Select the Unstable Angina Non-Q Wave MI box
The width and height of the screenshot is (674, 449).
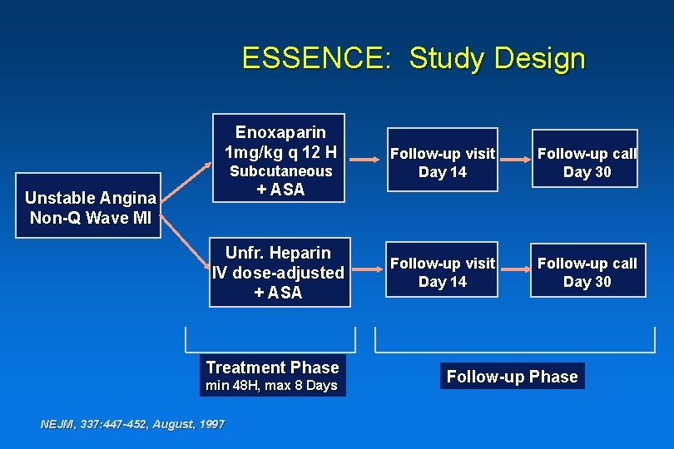tap(91, 208)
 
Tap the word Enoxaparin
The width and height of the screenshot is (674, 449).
tap(280, 132)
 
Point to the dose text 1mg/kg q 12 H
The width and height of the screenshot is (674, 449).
tap(280, 151)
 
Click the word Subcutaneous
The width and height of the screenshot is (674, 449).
tap(280, 170)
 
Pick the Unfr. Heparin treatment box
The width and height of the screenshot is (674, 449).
tap(279, 272)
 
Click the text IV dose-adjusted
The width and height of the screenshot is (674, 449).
tap(279, 273)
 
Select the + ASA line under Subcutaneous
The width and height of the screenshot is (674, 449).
tap(280, 190)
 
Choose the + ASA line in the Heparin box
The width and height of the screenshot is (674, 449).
tap(279, 293)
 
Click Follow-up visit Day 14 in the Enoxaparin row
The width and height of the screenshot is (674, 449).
tap(443, 163)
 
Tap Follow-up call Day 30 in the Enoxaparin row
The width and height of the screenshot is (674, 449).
tap(587, 163)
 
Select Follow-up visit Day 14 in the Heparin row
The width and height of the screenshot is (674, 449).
tap(443, 272)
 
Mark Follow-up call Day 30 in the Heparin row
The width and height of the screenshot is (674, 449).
tap(587, 272)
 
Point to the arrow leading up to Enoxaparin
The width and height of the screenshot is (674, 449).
tap(185, 179)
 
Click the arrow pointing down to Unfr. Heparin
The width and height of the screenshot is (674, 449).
tap(185, 246)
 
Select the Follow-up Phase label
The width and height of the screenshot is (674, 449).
tap(512, 377)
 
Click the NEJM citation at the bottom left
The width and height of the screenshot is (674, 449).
tap(132, 424)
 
